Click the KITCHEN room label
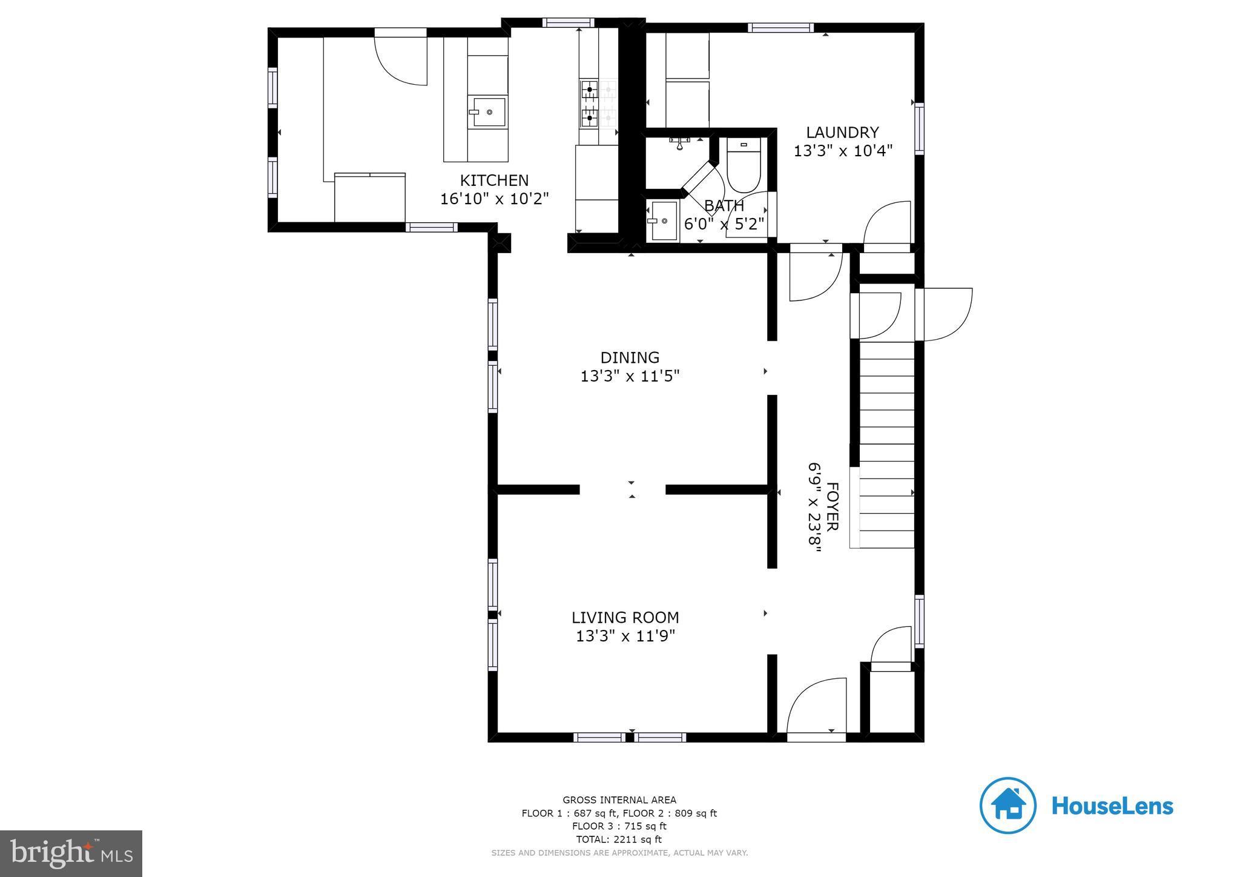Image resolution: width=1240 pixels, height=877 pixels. [494, 180]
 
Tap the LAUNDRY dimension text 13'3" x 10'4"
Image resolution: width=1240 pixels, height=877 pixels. [843, 151]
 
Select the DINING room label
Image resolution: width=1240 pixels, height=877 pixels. [630, 357]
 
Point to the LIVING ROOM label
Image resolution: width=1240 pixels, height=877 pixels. [625, 617]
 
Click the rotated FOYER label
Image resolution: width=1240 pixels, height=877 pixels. [833, 506]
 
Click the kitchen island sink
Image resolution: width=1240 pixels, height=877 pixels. [489, 111]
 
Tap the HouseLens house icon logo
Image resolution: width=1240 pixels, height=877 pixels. [1007, 806]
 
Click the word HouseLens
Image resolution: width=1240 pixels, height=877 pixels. [1112, 806]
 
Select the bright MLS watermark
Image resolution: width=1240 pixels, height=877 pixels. [71, 853]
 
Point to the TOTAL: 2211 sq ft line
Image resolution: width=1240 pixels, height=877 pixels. [619, 839]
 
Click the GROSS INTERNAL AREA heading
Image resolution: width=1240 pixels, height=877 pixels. [619, 800]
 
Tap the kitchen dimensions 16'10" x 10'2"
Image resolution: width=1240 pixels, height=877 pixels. [494, 199]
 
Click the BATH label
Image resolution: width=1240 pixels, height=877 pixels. [724, 206]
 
